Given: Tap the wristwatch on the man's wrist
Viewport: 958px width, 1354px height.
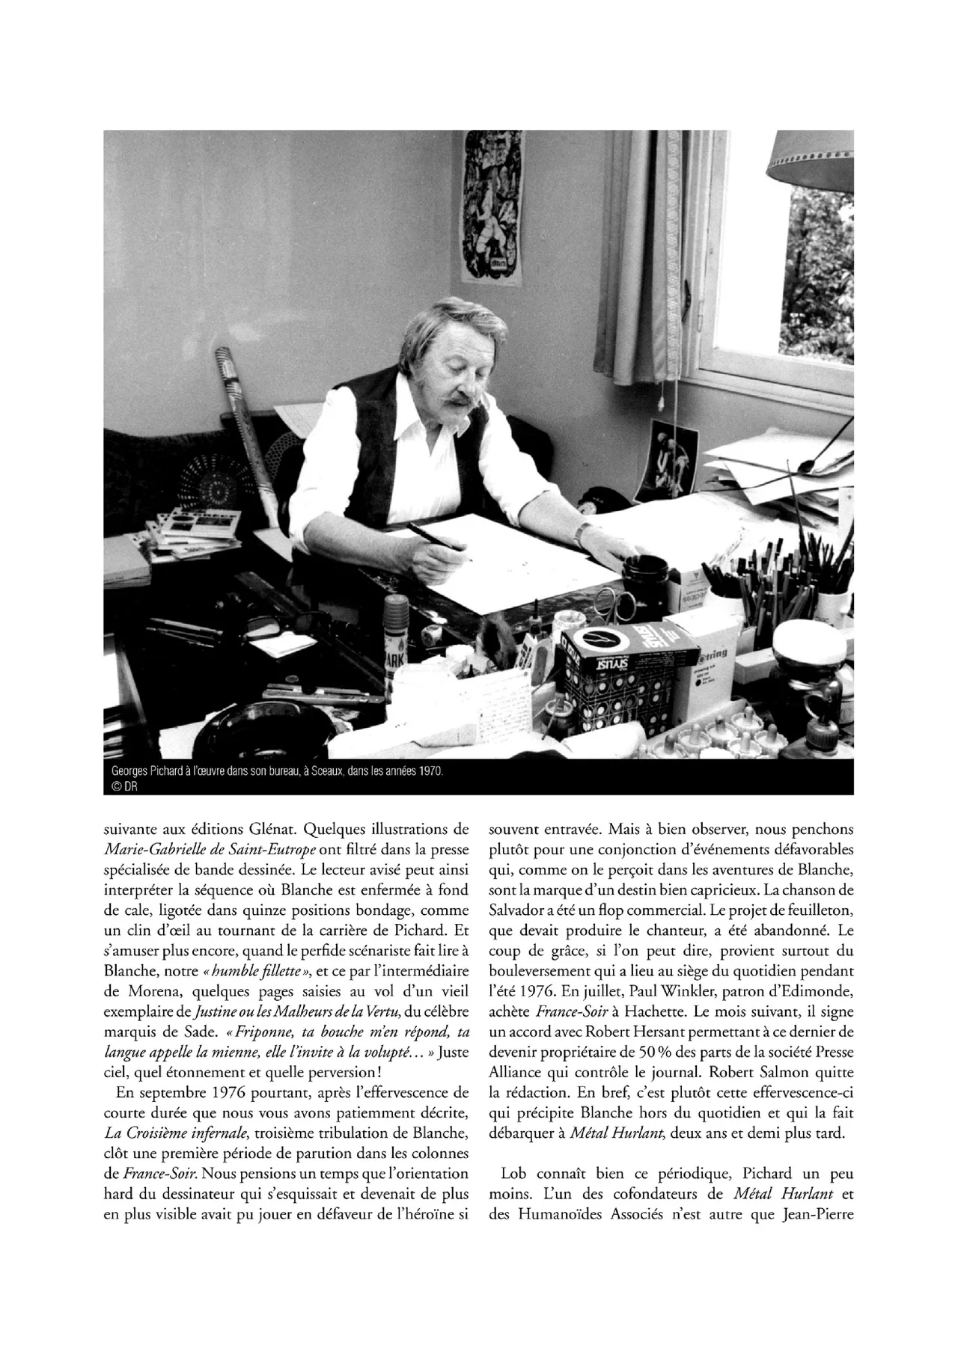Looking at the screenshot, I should [x=582, y=533].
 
